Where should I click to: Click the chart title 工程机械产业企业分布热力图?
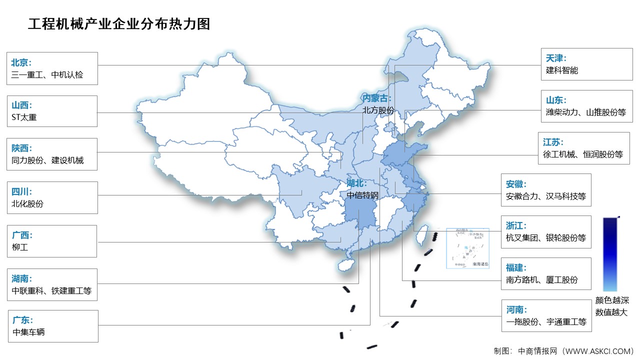click(119, 23)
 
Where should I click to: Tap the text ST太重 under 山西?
click(24, 117)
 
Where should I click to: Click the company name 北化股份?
click(27, 203)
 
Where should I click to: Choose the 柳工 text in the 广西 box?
click(19, 247)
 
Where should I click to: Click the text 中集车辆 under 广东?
click(28, 331)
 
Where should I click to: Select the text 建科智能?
click(562, 70)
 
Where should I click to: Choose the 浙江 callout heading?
click(516, 225)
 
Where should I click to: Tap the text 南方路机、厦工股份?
click(541, 280)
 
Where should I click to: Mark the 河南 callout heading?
click(516, 309)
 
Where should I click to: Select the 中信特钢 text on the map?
click(362, 194)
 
